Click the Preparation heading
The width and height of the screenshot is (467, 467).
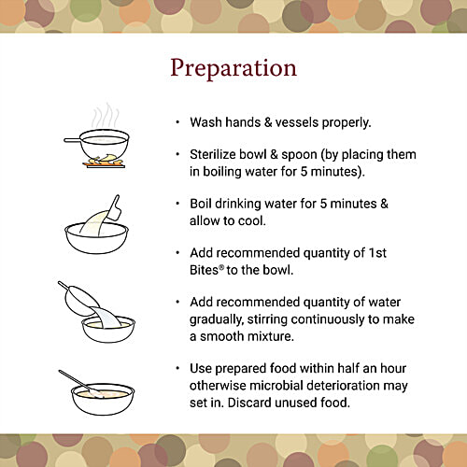click(233, 67)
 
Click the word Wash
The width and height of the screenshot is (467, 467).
click(206, 122)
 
